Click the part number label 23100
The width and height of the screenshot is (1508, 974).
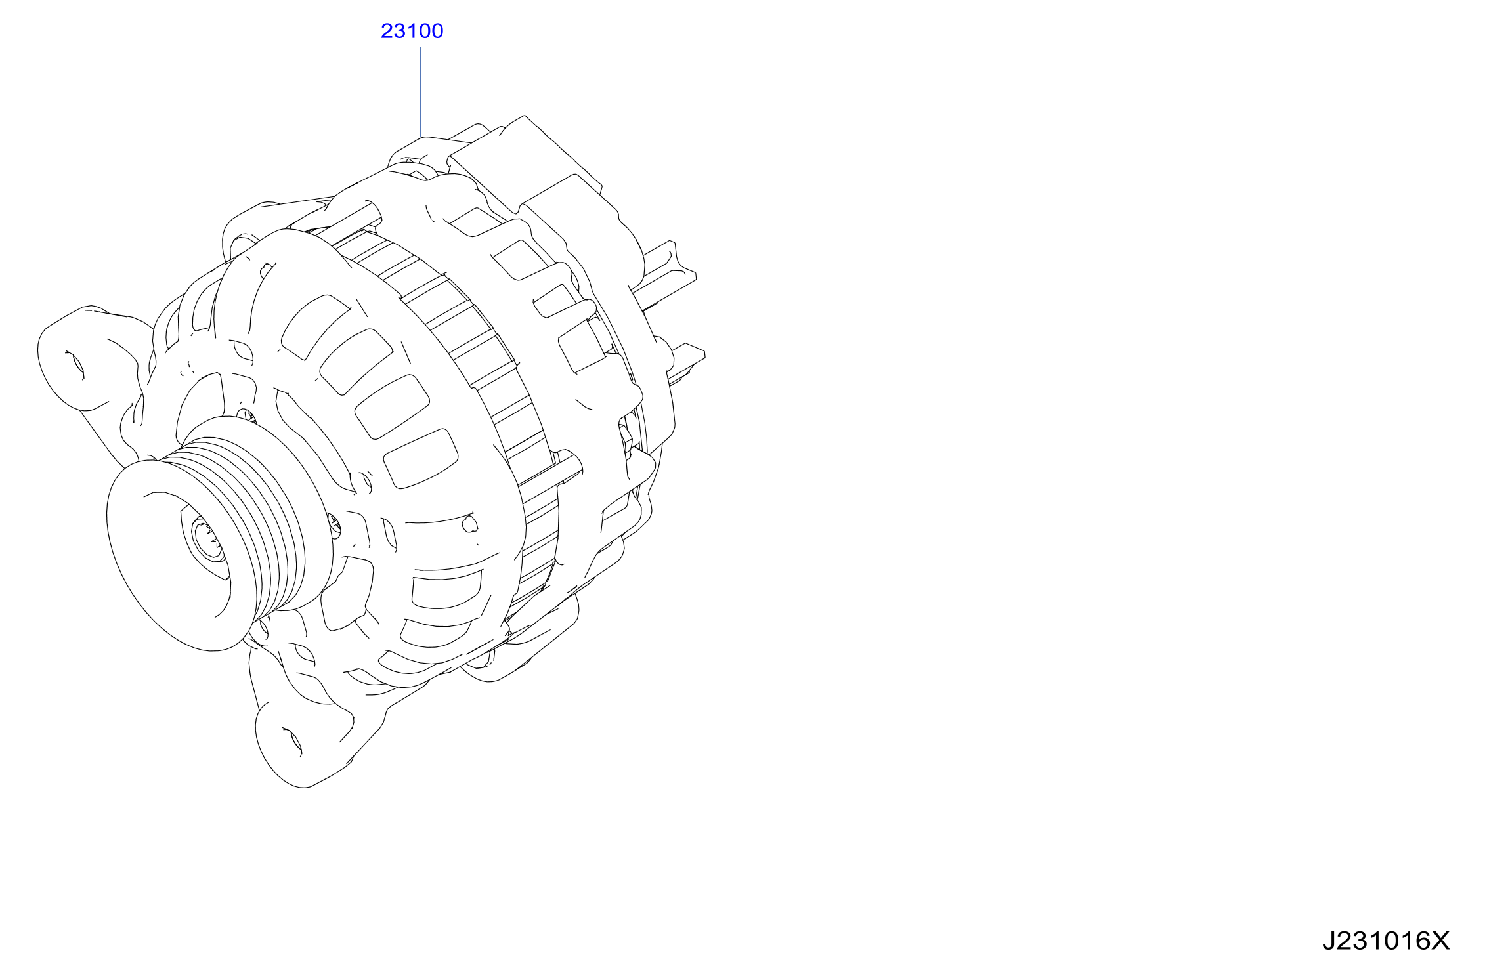[412, 31]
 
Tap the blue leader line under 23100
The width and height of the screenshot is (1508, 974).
[420, 92]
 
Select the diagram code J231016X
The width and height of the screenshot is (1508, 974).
[1385, 941]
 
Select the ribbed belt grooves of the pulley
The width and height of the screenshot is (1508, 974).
[263, 519]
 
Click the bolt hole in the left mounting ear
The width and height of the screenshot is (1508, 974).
[75, 365]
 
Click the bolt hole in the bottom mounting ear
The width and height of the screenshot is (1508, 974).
[292, 742]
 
